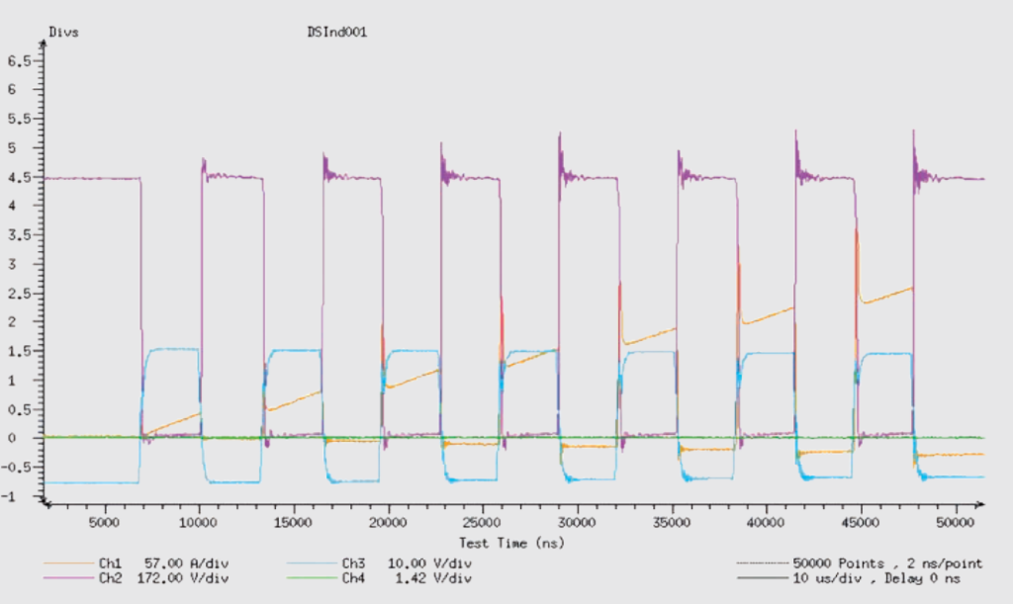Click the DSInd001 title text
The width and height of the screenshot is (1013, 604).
pyautogui.click(x=337, y=33)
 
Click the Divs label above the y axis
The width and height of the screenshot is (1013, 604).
pyautogui.click(x=64, y=33)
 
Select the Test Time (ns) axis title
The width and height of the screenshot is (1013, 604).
pyautogui.click(x=511, y=544)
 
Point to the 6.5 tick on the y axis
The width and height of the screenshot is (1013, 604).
pyautogui.click(x=19, y=61)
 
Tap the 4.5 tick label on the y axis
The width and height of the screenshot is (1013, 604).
pyautogui.click(x=19, y=178)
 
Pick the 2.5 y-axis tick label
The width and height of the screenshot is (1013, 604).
pyautogui.click(x=19, y=294)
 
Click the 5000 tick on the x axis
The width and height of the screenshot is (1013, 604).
pyautogui.click(x=103, y=523)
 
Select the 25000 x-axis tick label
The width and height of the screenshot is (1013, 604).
pyautogui.click(x=482, y=523)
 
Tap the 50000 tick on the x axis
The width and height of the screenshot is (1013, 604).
pyautogui.click(x=955, y=523)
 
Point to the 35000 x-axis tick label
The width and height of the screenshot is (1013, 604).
pyautogui.click(x=672, y=523)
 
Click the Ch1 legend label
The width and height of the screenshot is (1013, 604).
pyautogui.click(x=110, y=564)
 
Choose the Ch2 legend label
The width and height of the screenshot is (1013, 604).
pyautogui.click(x=110, y=579)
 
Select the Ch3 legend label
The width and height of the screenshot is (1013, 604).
pyautogui.click(x=353, y=564)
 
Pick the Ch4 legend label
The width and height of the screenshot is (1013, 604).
pyautogui.click(x=353, y=579)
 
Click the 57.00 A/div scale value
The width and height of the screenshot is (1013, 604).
pyautogui.click(x=186, y=564)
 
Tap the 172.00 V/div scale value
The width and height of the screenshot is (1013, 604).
pyautogui.click(x=183, y=579)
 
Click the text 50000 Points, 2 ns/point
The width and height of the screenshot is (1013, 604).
pyautogui.click(x=887, y=564)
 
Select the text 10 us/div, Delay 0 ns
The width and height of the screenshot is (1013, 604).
pyautogui.click(x=876, y=579)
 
